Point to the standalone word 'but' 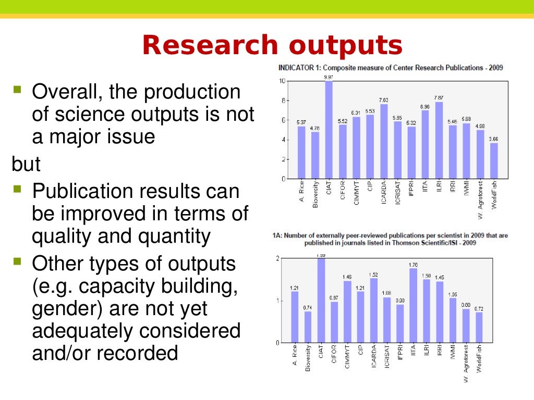tap(26, 164)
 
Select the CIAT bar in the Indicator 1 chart tap(329, 130)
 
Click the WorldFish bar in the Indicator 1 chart tap(494, 160)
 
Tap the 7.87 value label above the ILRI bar tap(439, 97)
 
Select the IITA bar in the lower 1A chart tap(414, 305)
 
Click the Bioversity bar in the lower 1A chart tap(308, 327)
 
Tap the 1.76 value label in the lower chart tap(414, 265)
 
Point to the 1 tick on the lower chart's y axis tap(278, 301)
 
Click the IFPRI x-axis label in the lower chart tap(400, 360)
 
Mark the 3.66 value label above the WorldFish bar tap(493, 139)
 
